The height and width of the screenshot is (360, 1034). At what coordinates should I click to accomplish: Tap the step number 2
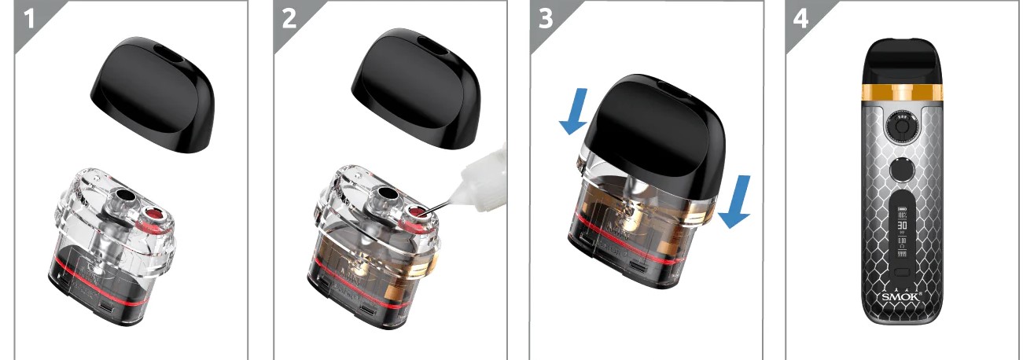pyautogui.click(x=289, y=19)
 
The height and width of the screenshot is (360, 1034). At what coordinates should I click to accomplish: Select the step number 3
pyautogui.click(x=545, y=19)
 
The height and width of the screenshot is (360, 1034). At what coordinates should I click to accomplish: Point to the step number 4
pyautogui.click(x=800, y=19)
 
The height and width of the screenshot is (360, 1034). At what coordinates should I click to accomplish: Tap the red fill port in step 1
pyautogui.click(x=156, y=215)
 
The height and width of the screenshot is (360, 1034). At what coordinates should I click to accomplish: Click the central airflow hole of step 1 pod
pyautogui.click(x=124, y=197)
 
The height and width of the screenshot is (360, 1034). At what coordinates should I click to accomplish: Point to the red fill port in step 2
pyautogui.click(x=414, y=215)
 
